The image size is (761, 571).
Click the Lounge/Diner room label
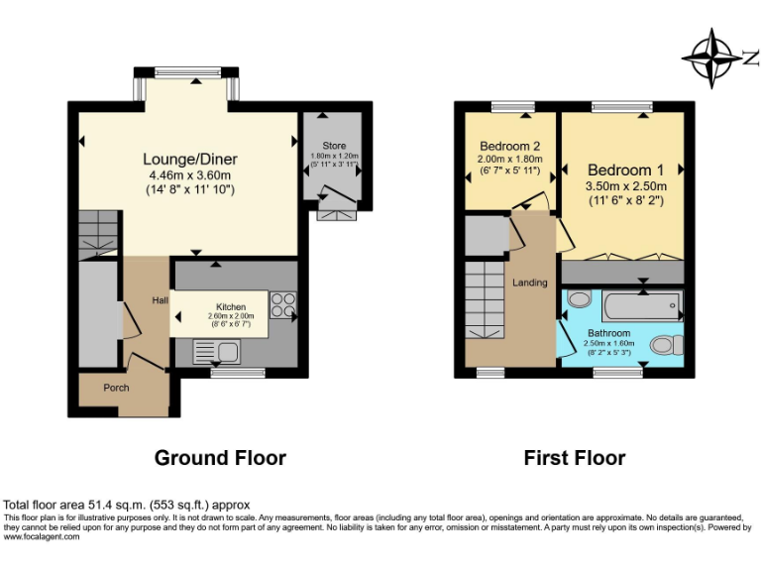tap(190, 159)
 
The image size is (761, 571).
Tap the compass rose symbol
tap(712, 57)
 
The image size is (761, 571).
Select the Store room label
tap(335, 146)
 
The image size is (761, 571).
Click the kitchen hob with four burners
tap(282, 304)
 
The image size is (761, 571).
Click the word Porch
tap(116, 388)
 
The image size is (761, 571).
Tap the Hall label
tap(160, 300)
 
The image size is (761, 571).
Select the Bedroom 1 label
tap(626, 170)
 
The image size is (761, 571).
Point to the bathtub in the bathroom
tap(642, 305)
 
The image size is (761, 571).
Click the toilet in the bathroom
tap(666, 345)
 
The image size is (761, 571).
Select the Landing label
tap(530, 283)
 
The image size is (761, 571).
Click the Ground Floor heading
tap(220, 458)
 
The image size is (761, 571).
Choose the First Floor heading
tap(575, 458)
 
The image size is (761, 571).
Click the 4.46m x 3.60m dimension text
tap(190, 176)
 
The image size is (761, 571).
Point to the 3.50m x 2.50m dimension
tap(626, 186)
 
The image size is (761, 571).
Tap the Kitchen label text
tap(231, 307)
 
